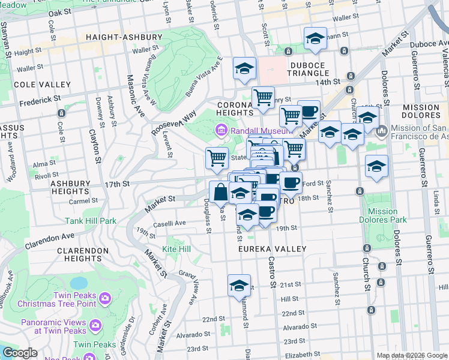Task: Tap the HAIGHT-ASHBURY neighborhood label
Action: (124, 37)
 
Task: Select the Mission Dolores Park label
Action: (382, 215)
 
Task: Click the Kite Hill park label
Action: (176, 248)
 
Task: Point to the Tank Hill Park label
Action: (91, 221)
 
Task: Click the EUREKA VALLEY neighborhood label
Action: (272, 249)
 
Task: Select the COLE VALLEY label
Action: (25, 85)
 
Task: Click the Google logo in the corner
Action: (19, 353)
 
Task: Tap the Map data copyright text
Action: (412, 355)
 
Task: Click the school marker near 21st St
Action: (239, 286)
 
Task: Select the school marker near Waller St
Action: (315, 39)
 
